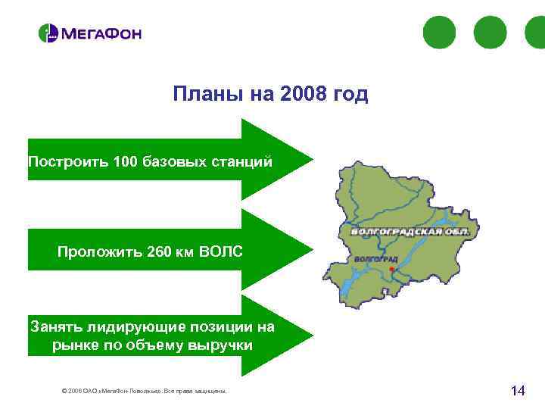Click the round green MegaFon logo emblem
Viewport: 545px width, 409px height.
48,33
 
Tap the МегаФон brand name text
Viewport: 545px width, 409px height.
101,34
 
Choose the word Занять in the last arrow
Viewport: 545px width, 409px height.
55,327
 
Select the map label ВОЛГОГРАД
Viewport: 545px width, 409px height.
371,259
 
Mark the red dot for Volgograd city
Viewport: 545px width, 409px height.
390,269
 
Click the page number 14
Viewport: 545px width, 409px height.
518,391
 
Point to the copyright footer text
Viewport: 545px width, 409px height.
143,392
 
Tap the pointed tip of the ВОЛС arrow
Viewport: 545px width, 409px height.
310,246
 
